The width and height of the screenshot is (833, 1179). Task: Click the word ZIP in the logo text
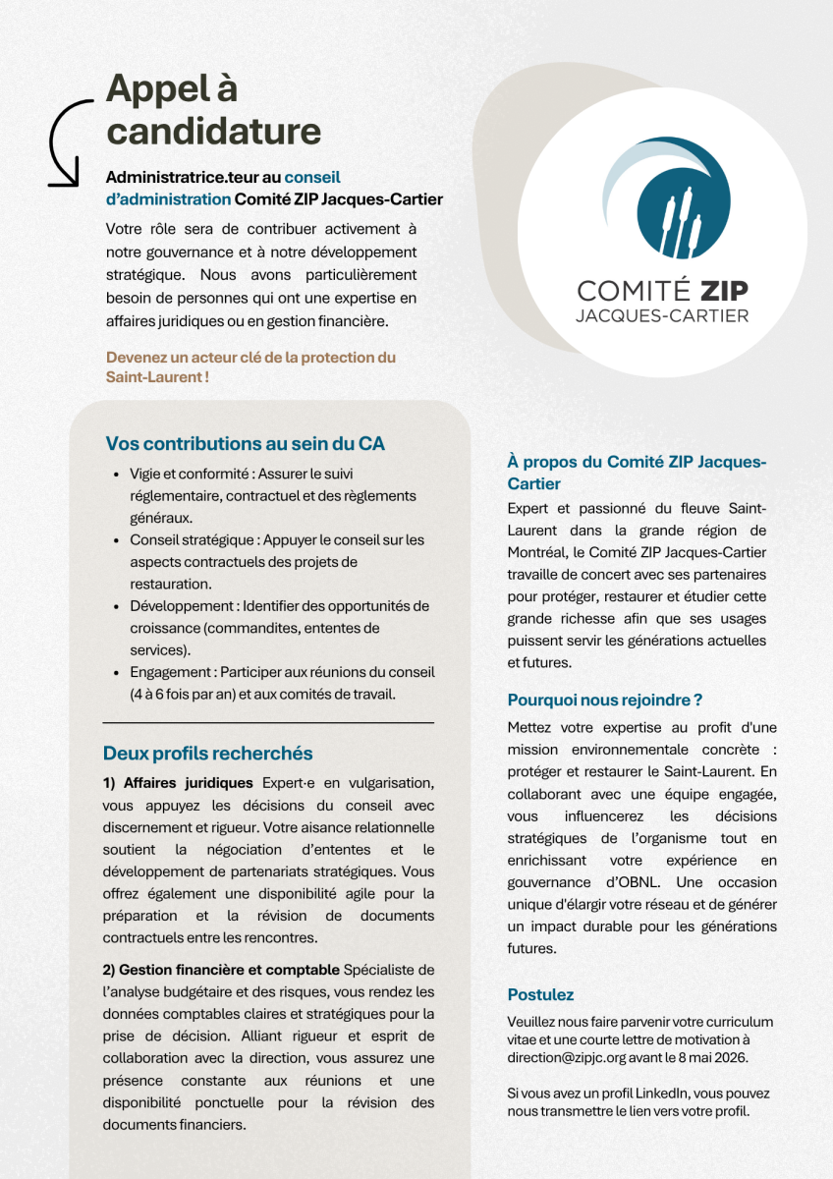(723, 291)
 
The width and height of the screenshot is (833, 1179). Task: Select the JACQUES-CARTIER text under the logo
(662, 315)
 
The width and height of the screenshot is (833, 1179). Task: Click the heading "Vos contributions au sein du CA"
(245, 443)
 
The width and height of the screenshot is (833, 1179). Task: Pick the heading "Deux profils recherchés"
(208, 754)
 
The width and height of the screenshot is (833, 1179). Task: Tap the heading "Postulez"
(540, 994)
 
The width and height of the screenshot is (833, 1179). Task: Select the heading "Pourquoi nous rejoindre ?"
(605, 701)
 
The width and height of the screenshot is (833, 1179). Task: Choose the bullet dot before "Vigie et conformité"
(117, 474)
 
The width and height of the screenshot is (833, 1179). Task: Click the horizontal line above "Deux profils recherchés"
(268, 722)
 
